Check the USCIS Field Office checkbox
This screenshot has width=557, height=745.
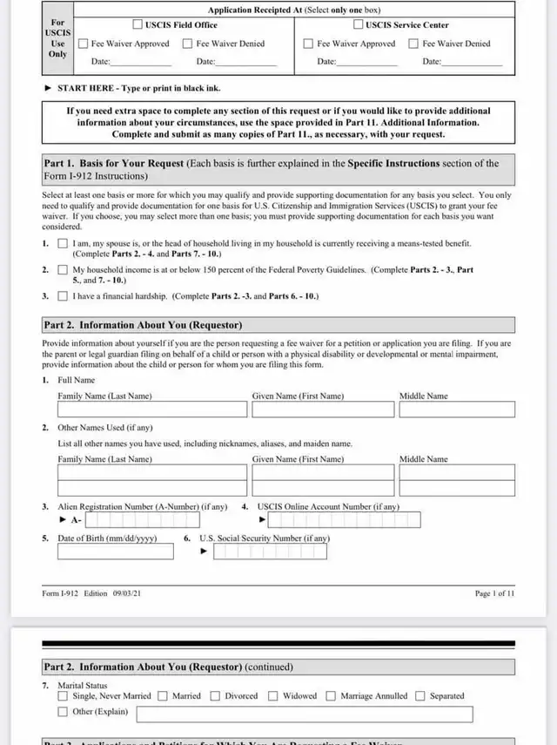point(138,24)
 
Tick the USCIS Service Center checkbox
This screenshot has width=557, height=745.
point(358,24)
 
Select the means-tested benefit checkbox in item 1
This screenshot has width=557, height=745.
point(63,244)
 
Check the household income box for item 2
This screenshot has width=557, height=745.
point(63,270)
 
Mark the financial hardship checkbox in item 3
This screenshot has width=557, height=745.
point(63,296)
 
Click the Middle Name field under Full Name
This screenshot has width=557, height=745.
point(457,410)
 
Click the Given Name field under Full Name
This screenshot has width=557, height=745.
point(321,410)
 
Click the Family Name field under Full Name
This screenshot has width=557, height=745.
point(152,410)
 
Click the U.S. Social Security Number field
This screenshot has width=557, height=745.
point(270,552)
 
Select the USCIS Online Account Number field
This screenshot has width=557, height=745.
point(344,520)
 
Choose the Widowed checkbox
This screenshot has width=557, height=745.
point(273,696)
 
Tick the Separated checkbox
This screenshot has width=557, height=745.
point(420,696)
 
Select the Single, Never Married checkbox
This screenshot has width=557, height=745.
point(63,696)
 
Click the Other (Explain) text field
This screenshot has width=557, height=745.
point(305,715)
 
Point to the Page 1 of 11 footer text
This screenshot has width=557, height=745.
point(494,593)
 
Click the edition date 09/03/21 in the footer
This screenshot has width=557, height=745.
point(127,593)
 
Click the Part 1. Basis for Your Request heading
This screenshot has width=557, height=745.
point(113,164)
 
